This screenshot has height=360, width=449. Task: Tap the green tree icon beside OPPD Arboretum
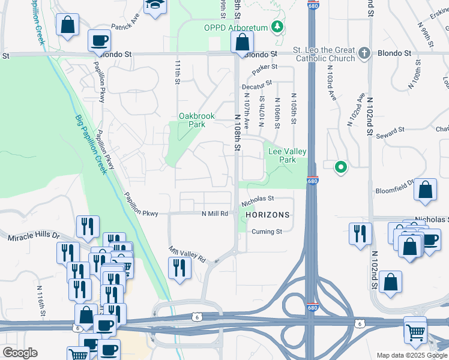tap(277, 26)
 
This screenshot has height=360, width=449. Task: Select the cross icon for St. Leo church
tap(363, 53)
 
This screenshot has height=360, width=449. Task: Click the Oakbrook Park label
tap(192, 120)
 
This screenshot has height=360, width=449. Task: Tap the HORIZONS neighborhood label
tap(267, 215)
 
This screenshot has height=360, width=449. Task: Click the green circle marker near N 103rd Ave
tap(341, 167)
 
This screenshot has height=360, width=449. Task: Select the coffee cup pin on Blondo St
tap(99, 41)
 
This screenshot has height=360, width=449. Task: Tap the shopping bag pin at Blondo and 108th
tap(242, 43)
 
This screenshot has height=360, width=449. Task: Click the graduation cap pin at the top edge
tap(155, 5)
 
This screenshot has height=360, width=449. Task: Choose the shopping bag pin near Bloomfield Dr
tap(425, 190)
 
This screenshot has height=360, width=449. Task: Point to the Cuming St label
tap(267, 232)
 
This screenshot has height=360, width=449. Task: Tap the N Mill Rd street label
tap(215, 213)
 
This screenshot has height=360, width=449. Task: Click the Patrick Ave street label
tap(125, 28)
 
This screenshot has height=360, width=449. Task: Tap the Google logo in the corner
tap(20, 353)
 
